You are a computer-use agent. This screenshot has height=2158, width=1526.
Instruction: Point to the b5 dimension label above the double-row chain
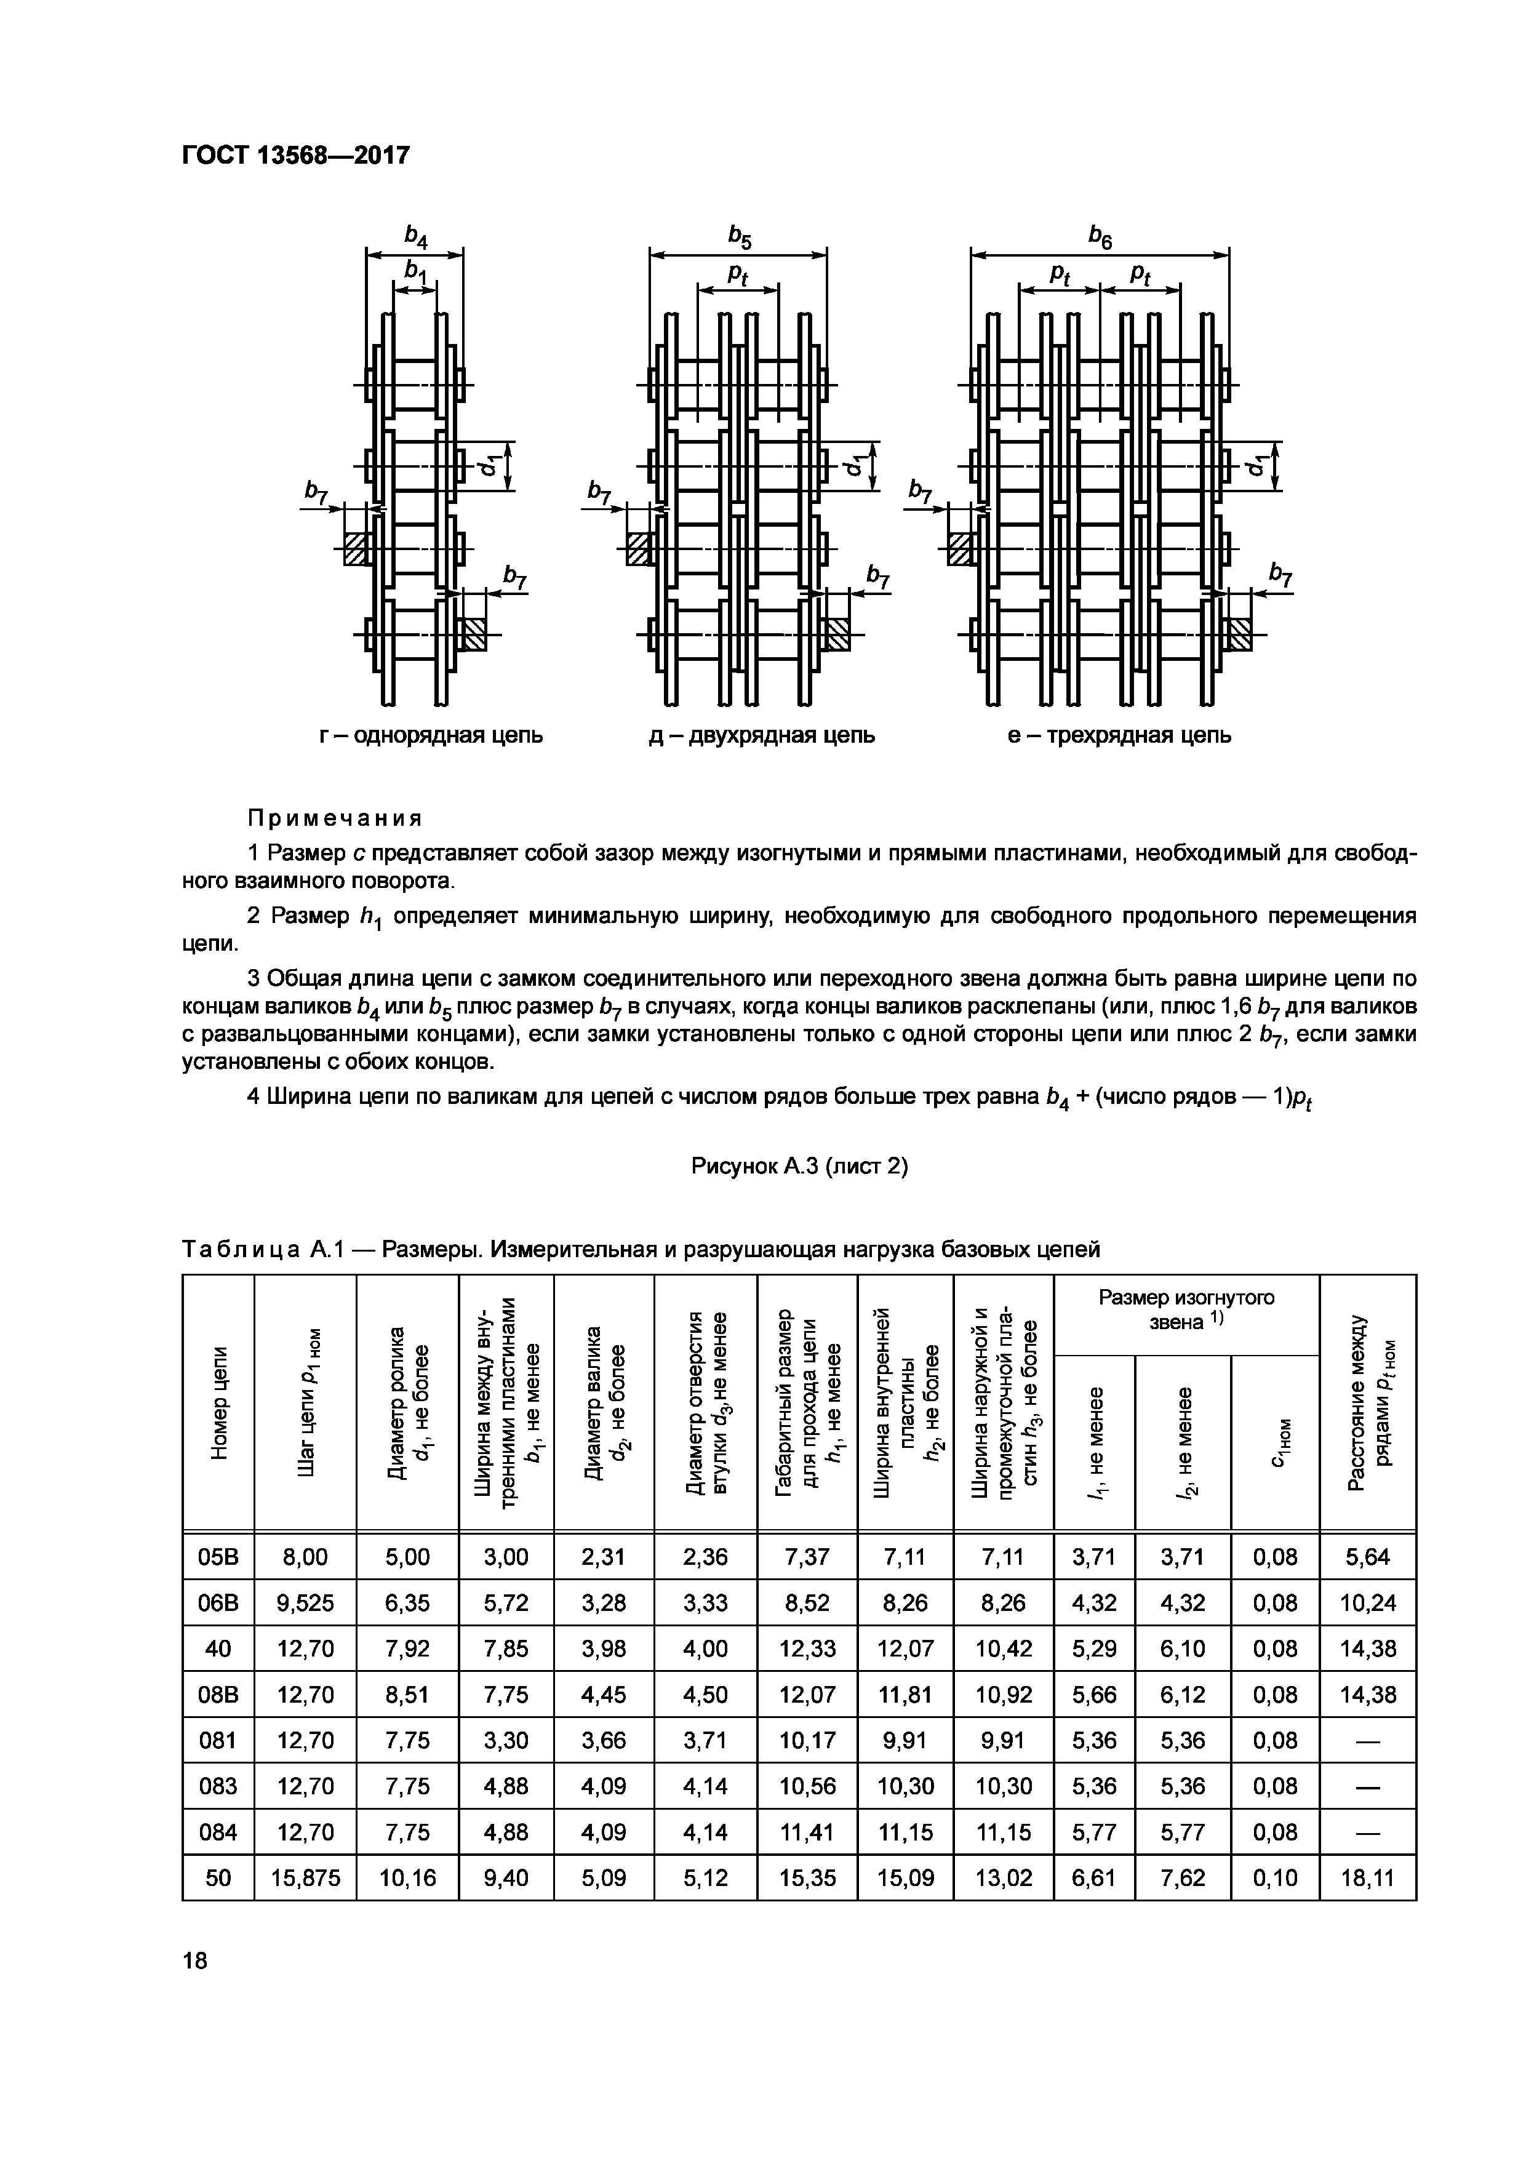pyautogui.click(x=740, y=237)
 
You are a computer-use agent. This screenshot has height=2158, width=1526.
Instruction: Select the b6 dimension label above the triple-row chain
pyautogui.click(x=1100, y=237)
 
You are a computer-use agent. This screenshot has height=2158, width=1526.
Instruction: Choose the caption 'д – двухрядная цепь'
pyautogui.click(x=762, y=735)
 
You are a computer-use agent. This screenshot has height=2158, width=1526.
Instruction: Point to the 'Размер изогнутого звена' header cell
pyautogui.click(x=1186, y=1309)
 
